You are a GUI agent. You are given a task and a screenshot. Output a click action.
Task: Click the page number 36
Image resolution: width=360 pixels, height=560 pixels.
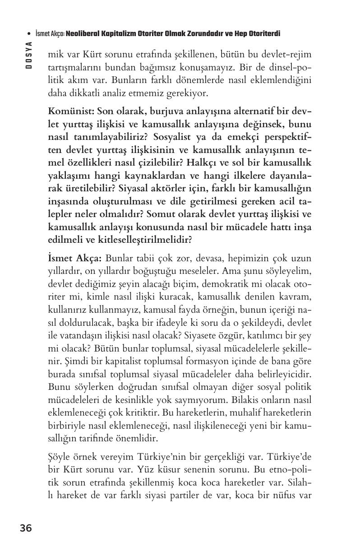coord(26,528)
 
